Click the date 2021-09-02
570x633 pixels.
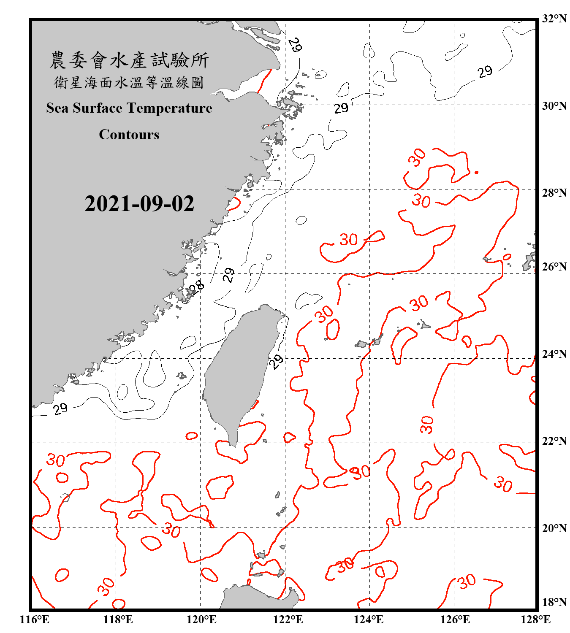139,204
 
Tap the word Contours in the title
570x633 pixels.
129,135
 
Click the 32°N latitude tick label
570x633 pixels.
554,19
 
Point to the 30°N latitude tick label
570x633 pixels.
554,105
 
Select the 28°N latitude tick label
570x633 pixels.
554,193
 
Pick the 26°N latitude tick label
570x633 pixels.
554,267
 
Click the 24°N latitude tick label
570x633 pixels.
554,354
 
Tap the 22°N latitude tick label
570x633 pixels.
554,441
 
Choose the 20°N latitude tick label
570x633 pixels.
554,528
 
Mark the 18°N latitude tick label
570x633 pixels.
554,602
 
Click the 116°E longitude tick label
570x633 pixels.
35,619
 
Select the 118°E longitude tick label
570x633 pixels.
118,619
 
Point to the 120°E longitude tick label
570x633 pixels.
202,619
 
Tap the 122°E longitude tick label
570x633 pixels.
288,619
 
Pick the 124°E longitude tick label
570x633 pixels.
369,619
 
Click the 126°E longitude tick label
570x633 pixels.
455,619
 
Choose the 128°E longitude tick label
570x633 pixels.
536,619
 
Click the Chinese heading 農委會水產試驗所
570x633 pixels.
129,60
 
